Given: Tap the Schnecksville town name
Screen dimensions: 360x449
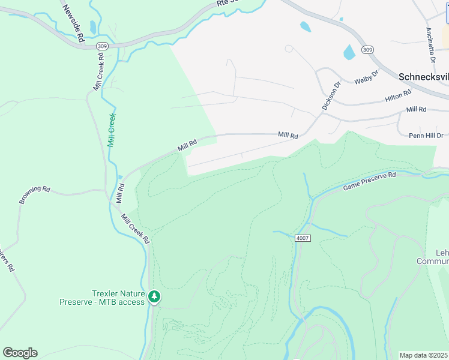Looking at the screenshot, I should tap(423, 77).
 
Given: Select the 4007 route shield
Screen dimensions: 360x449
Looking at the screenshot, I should tap(302, 238).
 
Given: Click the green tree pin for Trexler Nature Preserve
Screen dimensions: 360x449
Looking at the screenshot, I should tap(155, 296).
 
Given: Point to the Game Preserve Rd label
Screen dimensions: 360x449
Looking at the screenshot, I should tap(370, 181).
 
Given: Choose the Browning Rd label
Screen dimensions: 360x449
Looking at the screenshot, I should tap(34, 194).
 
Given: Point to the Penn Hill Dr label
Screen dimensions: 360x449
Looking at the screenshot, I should tap(426, 136).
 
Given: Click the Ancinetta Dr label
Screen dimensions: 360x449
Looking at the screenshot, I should tap(430, 45).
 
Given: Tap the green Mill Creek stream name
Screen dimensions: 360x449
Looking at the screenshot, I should tap(111, 130).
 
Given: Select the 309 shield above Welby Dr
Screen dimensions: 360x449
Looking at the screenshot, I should tap(368, 49).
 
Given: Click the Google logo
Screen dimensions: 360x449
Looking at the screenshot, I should tap(20, 353).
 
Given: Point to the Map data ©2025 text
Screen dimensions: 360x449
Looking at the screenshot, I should tap(423, 355).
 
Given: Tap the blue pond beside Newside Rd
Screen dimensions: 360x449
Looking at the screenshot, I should tap(92, 27).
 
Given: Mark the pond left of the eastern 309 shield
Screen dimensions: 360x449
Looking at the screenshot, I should tap(349, 52).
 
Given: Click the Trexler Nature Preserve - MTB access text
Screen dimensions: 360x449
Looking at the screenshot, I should tap(102, 298).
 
